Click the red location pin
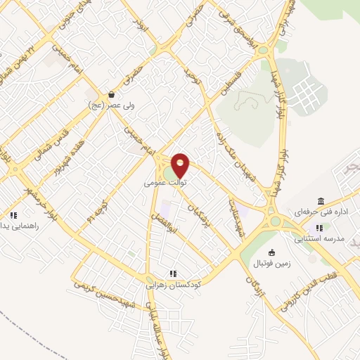tap(181, 165)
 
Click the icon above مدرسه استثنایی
tap(320, 228)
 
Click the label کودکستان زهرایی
tap(173, 285)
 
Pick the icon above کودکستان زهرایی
tap(173, 274)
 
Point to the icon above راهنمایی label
tap(13, 216)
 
